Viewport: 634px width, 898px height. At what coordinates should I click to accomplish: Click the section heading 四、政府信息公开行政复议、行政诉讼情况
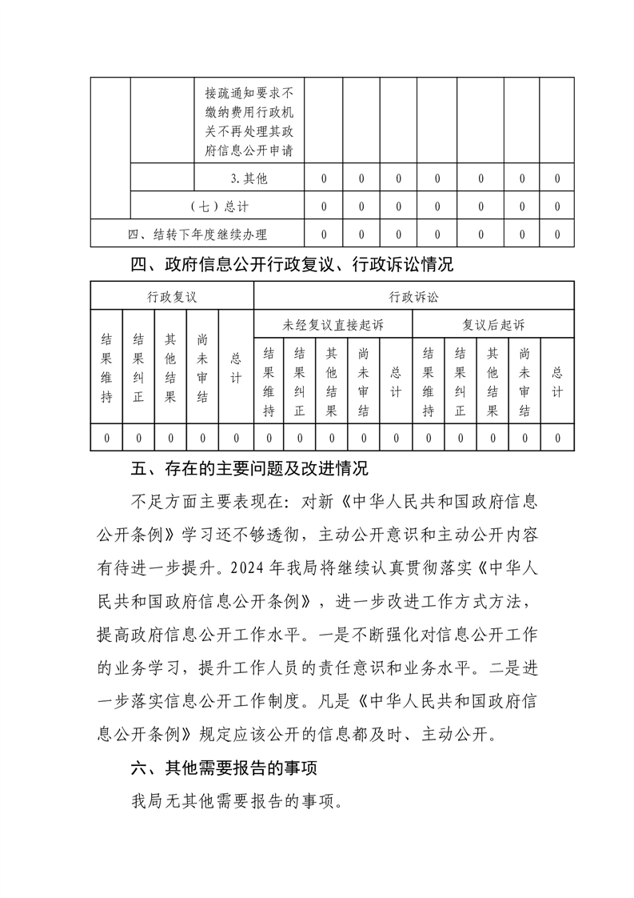point(292,263)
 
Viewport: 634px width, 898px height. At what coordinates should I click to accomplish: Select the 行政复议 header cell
point(172,296)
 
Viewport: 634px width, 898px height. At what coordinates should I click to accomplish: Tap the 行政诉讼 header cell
point(413,296)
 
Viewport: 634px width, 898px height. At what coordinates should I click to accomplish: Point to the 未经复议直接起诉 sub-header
point(333,325)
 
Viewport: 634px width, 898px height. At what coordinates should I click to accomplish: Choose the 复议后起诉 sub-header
point(492,325)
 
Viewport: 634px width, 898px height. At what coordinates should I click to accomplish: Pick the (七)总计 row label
point(217,206)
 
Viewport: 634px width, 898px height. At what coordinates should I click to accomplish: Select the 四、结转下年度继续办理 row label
point(197,234)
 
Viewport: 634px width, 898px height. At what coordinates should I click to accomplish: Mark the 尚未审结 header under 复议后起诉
point(524,382)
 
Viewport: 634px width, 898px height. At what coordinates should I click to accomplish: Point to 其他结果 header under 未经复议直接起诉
point(332,382)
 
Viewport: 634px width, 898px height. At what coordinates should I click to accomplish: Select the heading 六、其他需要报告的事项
point(224,768)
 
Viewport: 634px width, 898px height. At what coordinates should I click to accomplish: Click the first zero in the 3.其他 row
point(324,178)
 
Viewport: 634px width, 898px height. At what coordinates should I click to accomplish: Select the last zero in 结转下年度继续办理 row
point(556,234)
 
